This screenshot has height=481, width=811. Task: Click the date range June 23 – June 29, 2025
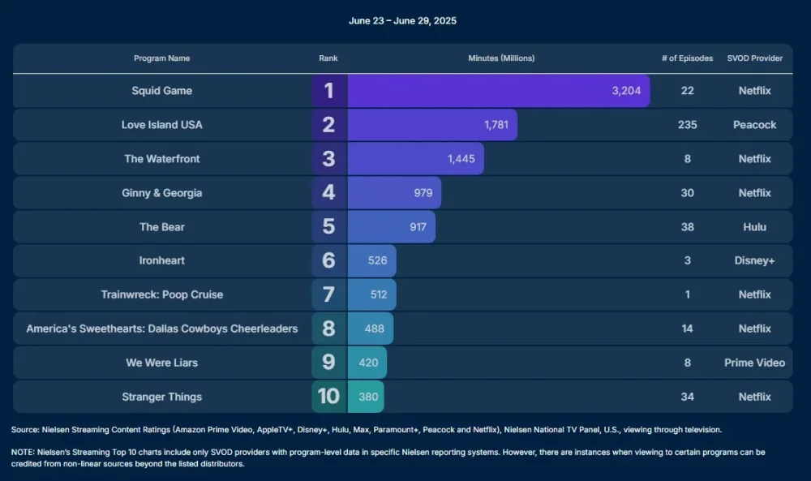402,20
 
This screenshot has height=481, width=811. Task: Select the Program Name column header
162,58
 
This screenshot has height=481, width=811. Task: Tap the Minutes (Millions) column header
501,58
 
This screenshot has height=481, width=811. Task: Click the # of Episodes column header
687,58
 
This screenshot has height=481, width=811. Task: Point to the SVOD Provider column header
754,58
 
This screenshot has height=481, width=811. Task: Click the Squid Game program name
162,91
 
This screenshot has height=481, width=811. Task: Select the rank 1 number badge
328,91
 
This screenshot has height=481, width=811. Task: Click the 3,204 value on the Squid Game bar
626,91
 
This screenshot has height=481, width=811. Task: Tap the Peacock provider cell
754,125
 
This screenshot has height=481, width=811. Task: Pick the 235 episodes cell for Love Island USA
687,125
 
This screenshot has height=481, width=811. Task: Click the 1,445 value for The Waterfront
461,159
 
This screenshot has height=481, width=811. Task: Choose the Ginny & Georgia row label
162,193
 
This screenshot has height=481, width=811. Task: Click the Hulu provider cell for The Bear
754,227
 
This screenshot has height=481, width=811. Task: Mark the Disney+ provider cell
754,261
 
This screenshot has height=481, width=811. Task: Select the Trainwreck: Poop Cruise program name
162,294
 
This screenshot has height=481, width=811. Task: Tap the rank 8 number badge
328,329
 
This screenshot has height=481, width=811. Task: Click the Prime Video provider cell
754,363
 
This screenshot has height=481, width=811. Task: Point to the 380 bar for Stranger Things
367,397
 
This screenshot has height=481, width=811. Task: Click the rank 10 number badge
328,397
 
